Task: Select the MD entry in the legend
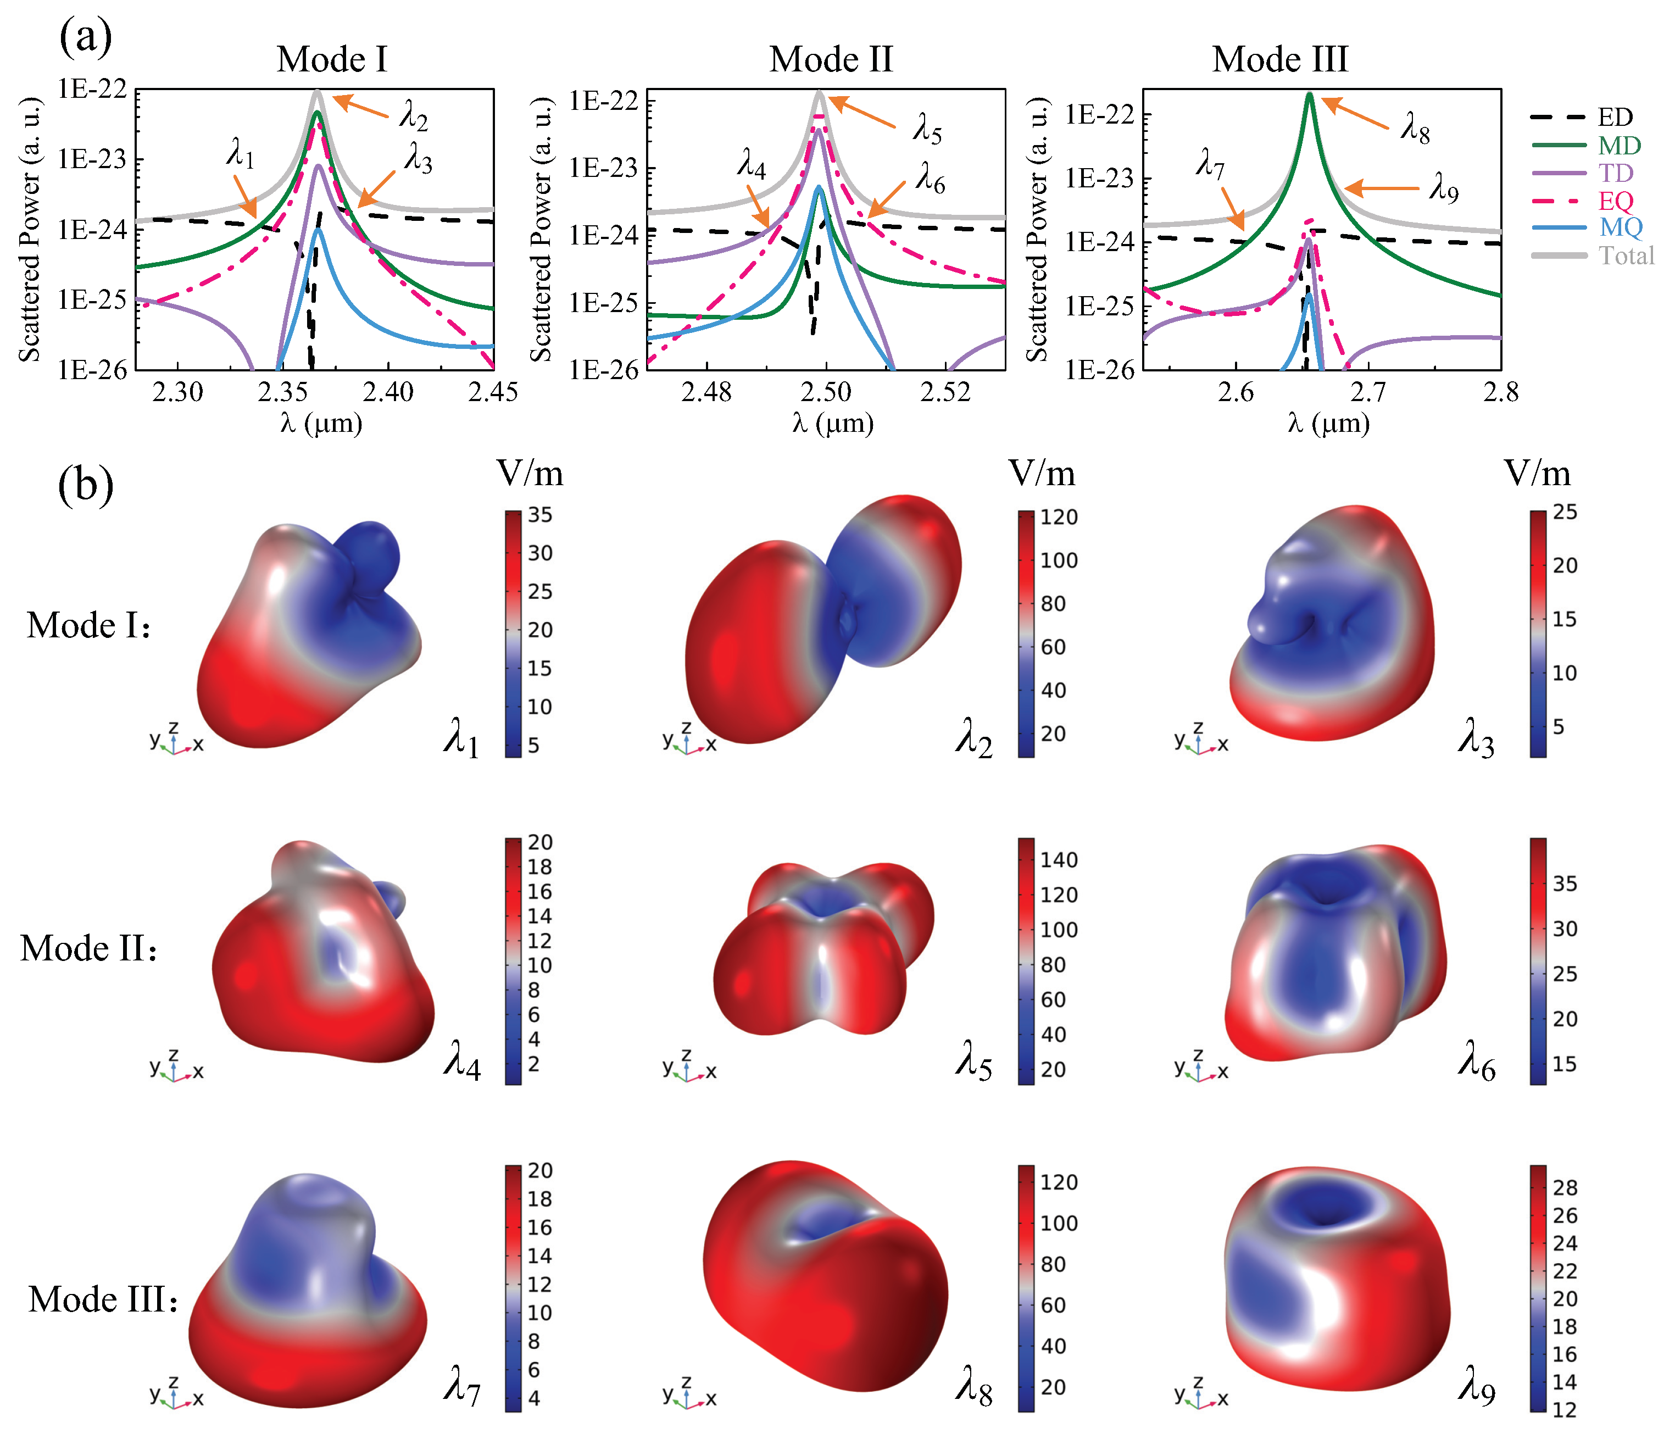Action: click(x=1618, y=146)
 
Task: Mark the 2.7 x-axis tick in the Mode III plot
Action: click(x=1368, y=393)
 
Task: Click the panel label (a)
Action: click(x=85, y=36)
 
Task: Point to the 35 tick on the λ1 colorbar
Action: click(x=540, y=515)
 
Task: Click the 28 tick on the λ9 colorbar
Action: click(x=1564, y=1187)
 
